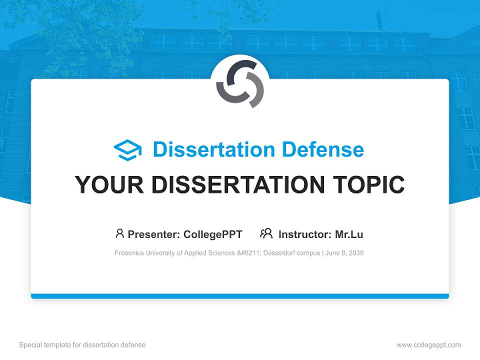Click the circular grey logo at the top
(240, 83)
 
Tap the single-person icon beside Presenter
(119, 233)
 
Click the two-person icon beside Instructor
(266, 233)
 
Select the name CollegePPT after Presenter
(213, 234)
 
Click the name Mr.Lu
(349, 234)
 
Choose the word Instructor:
(304, 234)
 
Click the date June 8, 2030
(344, 253)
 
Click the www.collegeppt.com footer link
(428, 345)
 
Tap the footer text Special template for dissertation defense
(82, 345)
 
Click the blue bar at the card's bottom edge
(240, 296)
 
